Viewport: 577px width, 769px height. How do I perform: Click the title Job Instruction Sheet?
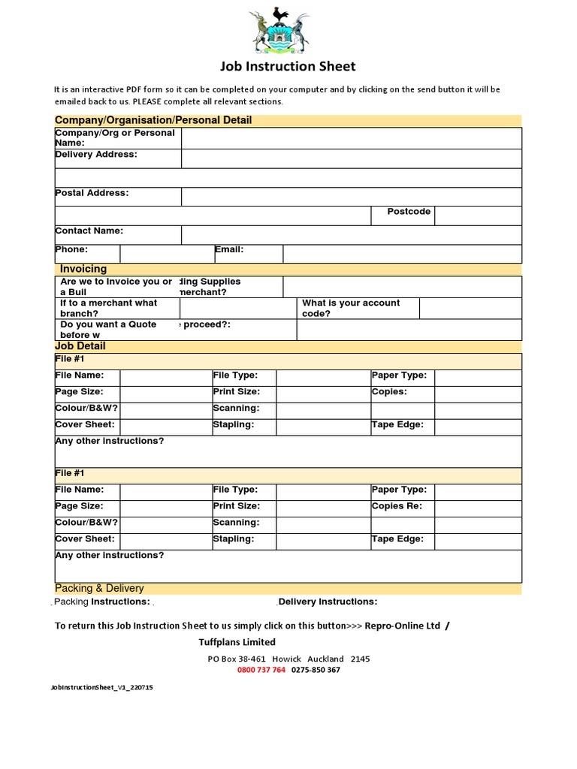pyautogui.click(x=288, y=67)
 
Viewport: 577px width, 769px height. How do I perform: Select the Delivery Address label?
pyautogui.click(x=96, y=154)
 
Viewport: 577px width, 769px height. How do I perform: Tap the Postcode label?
pyautogui.click(x=409, y=212)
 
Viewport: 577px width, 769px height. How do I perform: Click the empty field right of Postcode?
pyautogui.click(x=478, y=216)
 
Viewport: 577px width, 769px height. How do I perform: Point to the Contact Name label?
pyautogui.click(x=89, y=231)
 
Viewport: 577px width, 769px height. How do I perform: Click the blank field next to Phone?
pyautogui.click(x=167, y=254)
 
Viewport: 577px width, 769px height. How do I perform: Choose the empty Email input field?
pyautogui.click(x=402, y=254)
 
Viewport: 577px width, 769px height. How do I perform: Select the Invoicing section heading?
pyautogui.click(x=83, y=269)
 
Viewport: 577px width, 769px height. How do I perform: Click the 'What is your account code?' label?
pyautogui.click(x=351, y=308)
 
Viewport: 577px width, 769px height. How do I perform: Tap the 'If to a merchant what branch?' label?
pyautogui.click(x=109, y=308)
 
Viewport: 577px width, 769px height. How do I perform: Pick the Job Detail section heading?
pyautogui.click(x=80, y=346)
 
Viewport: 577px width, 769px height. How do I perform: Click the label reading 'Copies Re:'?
pyautogui.click(x=397, y=506)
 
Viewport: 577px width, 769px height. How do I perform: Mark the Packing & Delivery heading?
pyautogui.click(x=99, y=588)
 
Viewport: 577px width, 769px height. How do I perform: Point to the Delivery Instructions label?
pyautogui.click(x=328, y=602)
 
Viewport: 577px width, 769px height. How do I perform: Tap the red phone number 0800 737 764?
pyautogui.click(x=261, y=670)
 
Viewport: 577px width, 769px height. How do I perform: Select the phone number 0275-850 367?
pyautogui.click(x=316, y=670)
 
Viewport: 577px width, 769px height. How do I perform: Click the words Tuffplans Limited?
pyautogui.click(x=237, y=642)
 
